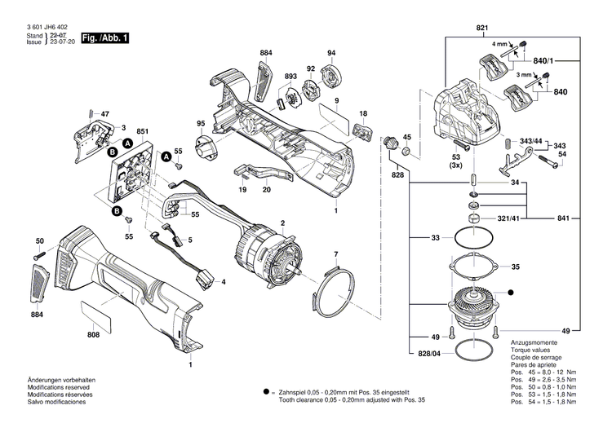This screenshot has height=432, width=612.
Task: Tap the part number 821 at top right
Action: tap(482, 29)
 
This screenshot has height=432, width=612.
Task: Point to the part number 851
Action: tap(142, 132)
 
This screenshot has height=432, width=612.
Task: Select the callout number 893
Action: tap(290, 77)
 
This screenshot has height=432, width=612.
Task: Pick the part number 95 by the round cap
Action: tap(201, 124)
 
